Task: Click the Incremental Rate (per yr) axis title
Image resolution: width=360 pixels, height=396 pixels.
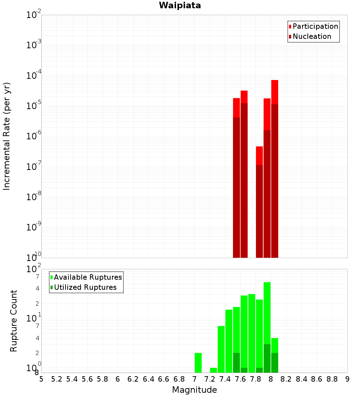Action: (7, 136)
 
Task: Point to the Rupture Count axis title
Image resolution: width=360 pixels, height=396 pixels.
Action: (14, 320)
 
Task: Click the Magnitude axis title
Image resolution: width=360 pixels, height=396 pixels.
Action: (194, 390)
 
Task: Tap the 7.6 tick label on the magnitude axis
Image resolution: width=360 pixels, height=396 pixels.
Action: (240, 379)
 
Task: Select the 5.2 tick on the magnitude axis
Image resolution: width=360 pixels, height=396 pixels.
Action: (57, 379)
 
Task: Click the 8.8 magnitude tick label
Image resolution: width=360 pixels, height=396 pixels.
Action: (332, 379)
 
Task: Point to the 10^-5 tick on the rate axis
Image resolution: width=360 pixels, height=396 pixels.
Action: (34, 106)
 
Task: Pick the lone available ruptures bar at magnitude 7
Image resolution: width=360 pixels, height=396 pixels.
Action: (198, 363)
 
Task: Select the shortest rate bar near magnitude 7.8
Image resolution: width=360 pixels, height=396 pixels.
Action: (259, 202)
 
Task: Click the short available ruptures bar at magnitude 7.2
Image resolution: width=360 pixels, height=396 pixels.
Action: (213, 370)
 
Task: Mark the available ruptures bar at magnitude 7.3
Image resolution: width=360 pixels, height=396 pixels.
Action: (221, 349)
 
